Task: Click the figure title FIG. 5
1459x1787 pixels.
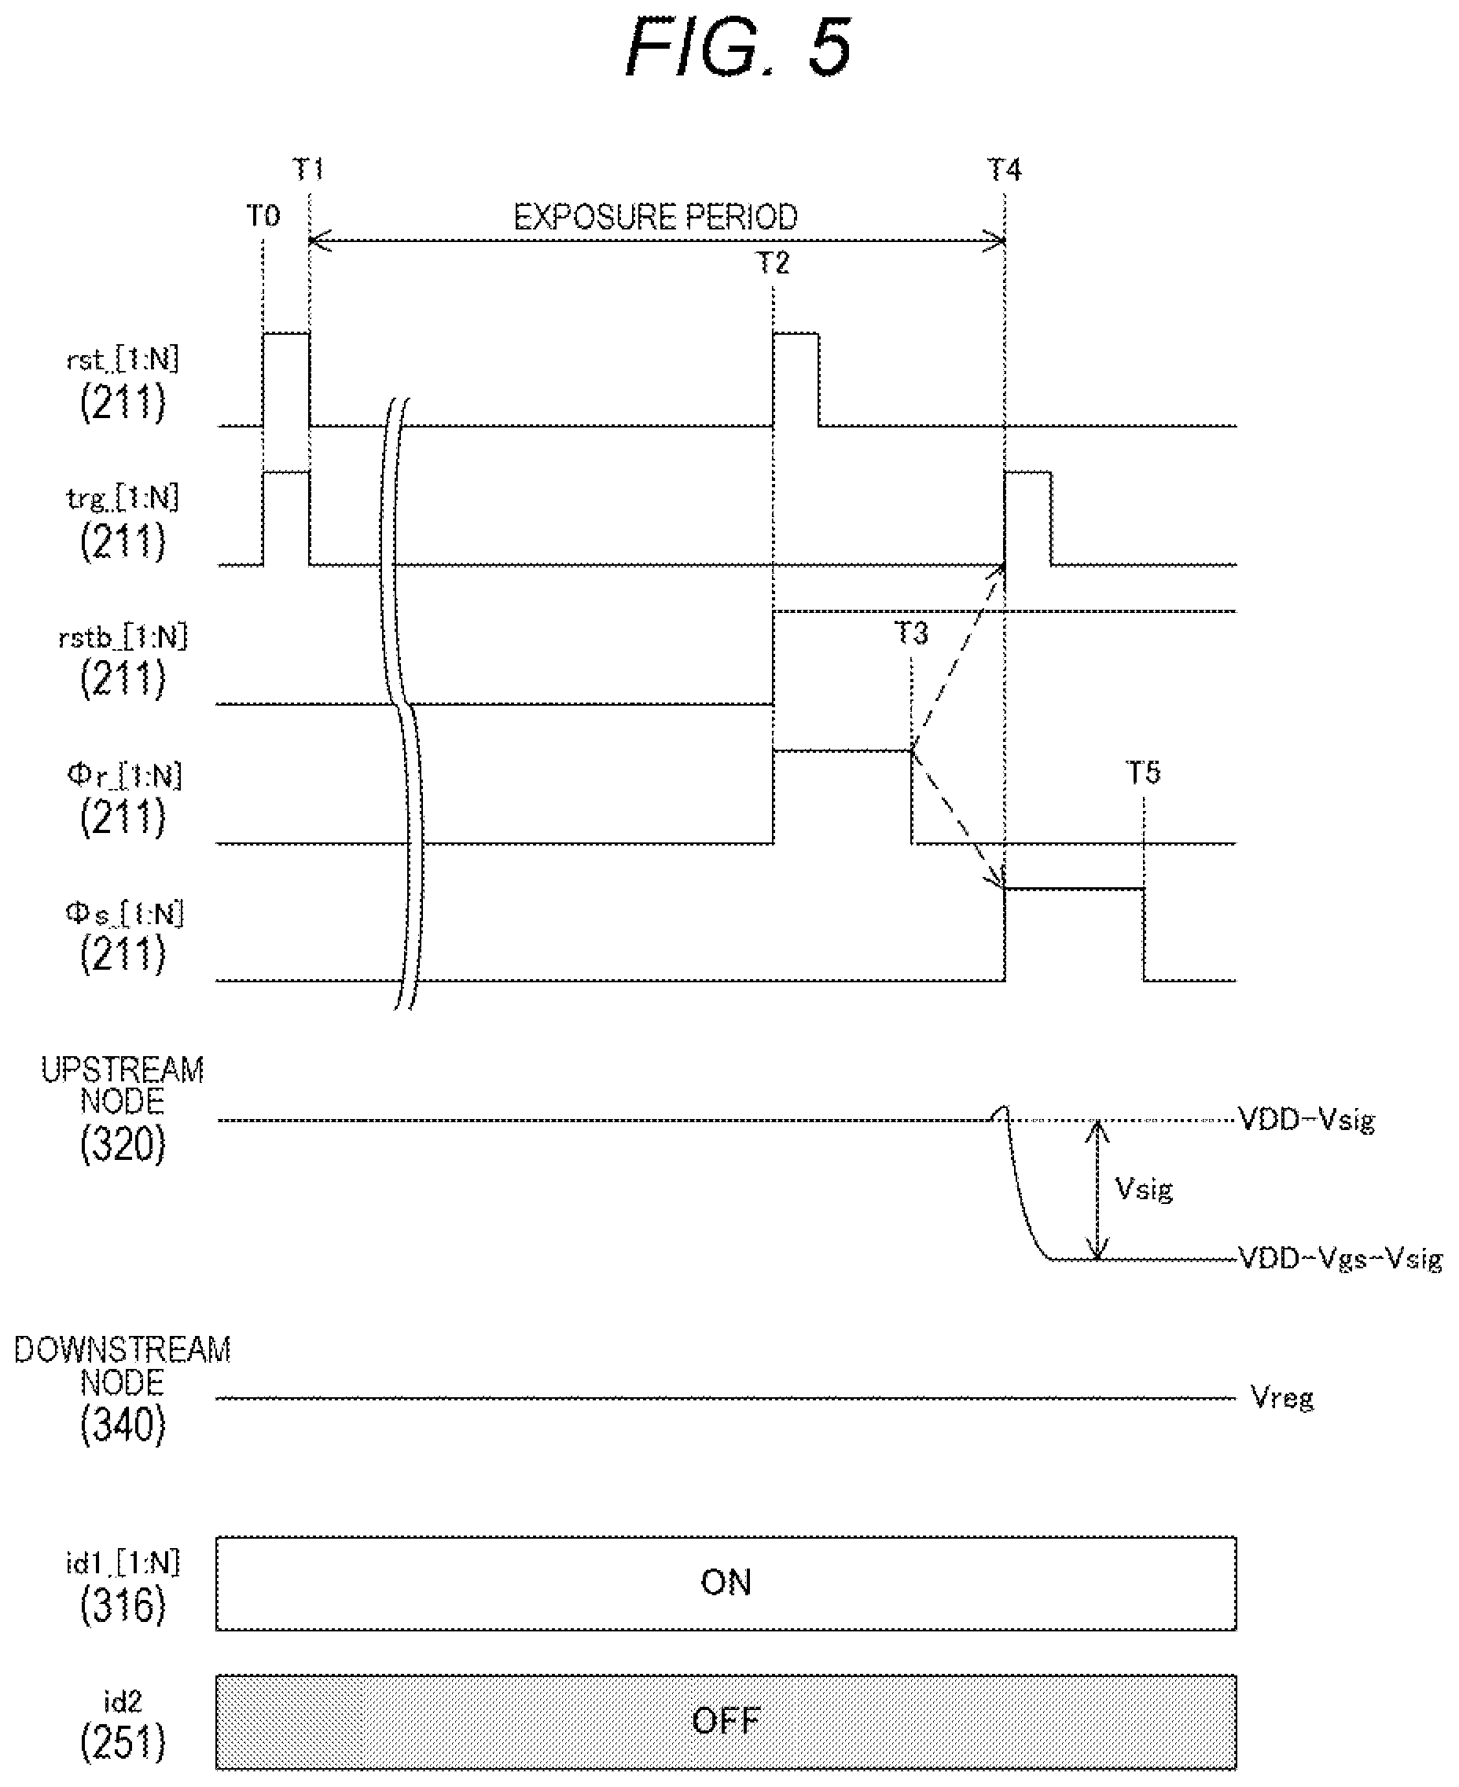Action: click(739, 49)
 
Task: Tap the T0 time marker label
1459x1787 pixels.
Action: click(263, 216)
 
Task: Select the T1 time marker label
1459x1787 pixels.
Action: click(308, 170)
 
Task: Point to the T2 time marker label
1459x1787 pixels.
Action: click(774, 263)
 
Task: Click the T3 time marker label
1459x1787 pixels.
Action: click(911, 633)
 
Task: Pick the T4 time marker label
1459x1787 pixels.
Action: click(1005, 171)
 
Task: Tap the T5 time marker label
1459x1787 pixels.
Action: click(1143, 772)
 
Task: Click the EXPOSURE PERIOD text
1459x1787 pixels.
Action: click(656, 218)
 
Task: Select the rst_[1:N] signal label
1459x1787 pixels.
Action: click(123, 361)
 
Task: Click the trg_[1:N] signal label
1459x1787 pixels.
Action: click(123, 499)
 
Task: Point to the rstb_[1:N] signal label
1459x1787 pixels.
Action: click(123, 637)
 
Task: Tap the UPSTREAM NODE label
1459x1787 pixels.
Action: click(123, 1085)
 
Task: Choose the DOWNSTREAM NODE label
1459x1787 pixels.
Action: click(123, 1365)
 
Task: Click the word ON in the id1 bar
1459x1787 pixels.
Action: click(726, 1583)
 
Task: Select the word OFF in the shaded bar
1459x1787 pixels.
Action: click(726, 1721)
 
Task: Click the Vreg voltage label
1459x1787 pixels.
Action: click(1282, 1398)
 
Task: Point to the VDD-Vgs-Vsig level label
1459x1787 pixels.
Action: click(1341, 1259)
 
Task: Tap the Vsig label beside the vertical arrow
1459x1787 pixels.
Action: click(1144, 1189)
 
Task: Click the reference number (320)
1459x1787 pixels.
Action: click(123, 1144)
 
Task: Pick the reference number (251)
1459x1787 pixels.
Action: click(123, 1743)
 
